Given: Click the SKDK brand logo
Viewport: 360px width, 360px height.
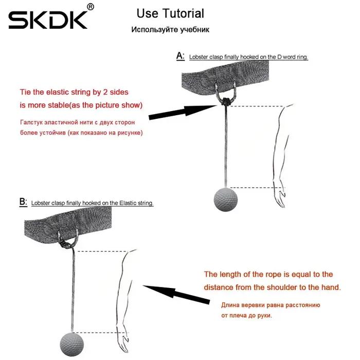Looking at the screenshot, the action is coord(48,20).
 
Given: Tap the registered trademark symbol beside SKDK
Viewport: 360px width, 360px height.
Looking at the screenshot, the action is coord(91,7).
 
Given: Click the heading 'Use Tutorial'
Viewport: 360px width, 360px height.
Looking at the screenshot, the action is coord(170,13).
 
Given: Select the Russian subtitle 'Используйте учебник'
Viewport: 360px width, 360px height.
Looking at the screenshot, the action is coord(170,30).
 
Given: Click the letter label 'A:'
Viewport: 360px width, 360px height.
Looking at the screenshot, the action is coord(181,56).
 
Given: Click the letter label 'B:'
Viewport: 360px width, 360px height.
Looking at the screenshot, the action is coord(23,202).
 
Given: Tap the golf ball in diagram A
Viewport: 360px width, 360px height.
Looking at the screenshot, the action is coord(226,200).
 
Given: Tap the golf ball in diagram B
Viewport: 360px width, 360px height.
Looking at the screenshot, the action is coord(72,345).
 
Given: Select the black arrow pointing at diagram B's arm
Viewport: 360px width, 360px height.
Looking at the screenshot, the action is coord(176,294).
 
